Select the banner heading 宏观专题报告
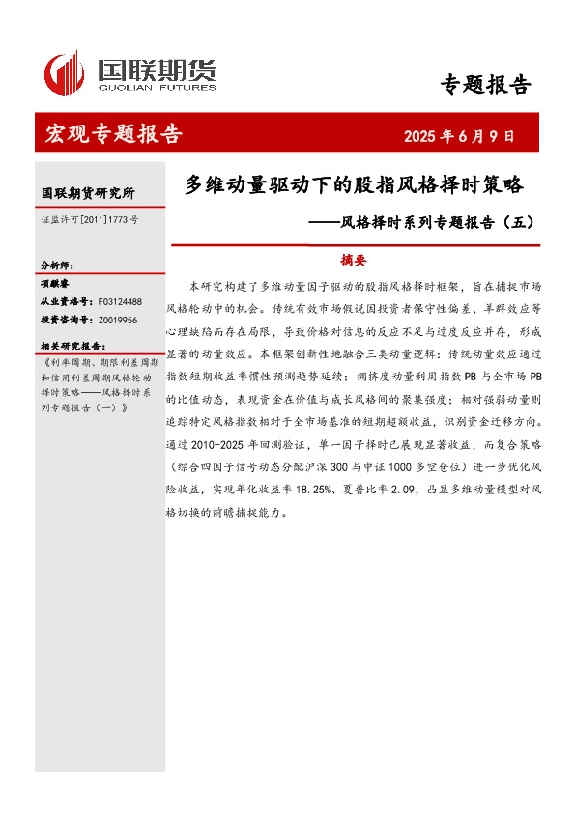pyautogui.click(x=113, y=134)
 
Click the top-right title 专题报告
pyautogui.click(x=485, y=85)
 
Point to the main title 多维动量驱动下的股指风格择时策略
pyautogui.click(x=353, y=183)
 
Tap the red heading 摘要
pyautogui.click(x=355, y=259)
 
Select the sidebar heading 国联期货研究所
pyautogui.click(x=88, y=193)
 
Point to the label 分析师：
pyautogui.click(x=57, y=266)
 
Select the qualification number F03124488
pyautogui.click(x=119, y=301)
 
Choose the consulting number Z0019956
pyautogui.click(x=118, y=319)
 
